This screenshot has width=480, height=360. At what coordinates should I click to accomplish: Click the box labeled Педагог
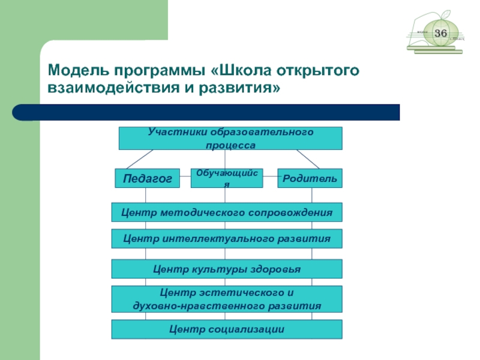pos(147,178)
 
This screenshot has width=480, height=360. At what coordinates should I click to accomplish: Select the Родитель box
pos(310,178)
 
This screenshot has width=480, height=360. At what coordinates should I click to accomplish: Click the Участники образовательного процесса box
pos(230,138)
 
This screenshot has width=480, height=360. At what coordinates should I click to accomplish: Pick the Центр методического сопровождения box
pos(227,212)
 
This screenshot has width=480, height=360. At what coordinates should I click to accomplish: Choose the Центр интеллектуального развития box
pos(227,238)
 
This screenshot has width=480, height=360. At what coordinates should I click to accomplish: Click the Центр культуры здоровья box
pos(227,269)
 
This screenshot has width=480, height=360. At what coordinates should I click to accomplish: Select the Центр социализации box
pos(227,329)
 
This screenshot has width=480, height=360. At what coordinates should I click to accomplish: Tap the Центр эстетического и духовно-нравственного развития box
pos(227,299)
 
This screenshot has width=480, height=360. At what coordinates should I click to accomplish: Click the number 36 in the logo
pos(441,33)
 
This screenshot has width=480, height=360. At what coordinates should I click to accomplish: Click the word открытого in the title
pos(318,70)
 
